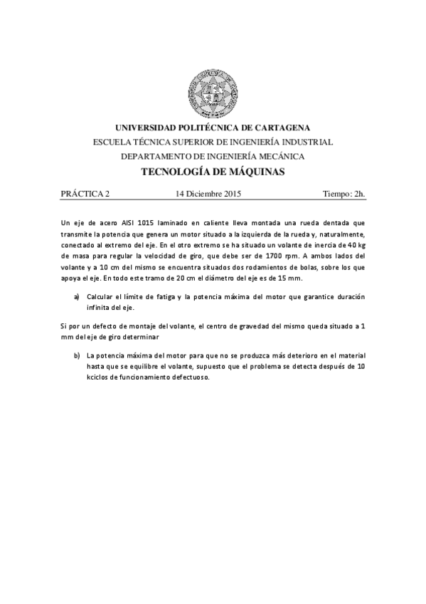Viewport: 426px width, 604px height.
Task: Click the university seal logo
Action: pos(213,93)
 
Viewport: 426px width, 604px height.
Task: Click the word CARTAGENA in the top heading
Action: pos(276,127)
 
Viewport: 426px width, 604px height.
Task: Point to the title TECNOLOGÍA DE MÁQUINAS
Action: pos(213,172)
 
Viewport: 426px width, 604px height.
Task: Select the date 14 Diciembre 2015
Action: pos(209,193)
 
